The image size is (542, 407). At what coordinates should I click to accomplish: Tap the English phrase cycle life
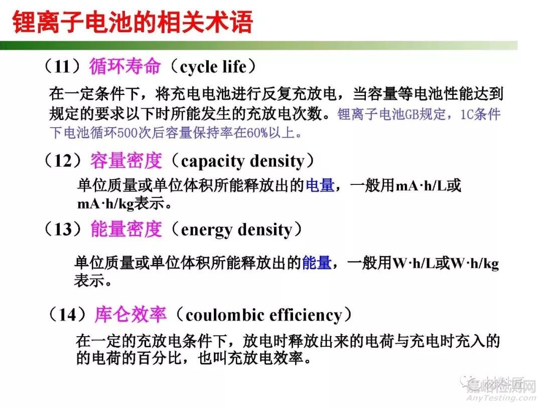(214, 66)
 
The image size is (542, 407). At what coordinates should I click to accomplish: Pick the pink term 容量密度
(126, 161)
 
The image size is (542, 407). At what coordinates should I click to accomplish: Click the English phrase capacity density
(242, 161)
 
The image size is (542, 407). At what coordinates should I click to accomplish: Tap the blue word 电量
(320, 185)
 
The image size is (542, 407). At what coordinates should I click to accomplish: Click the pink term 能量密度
(126, 230)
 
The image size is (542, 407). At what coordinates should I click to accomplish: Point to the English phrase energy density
(236, 230)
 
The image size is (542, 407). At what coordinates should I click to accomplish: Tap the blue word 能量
(316, 262)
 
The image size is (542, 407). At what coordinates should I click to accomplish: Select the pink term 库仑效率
(130, 315)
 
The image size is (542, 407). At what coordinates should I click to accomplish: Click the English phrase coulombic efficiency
(263, 315)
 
